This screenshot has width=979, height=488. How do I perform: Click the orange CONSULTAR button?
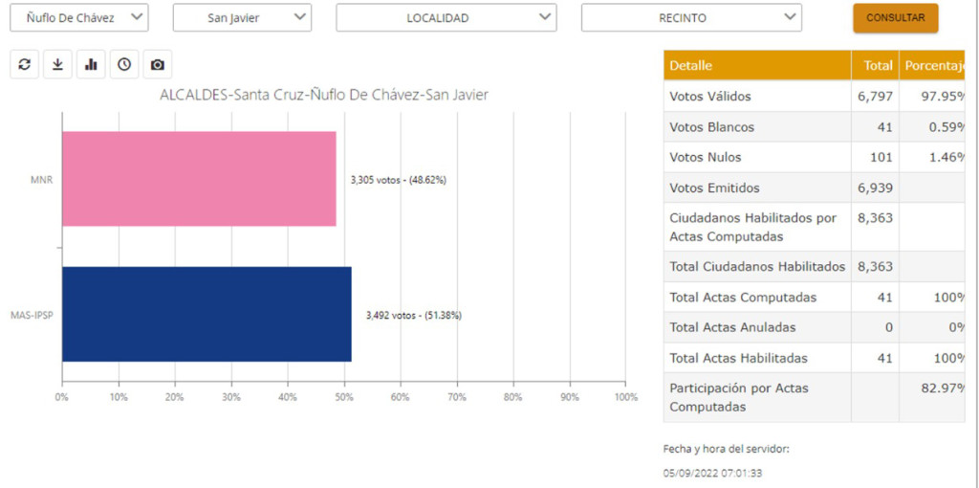pos(895,18)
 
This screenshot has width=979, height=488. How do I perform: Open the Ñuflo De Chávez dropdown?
pos(85,17)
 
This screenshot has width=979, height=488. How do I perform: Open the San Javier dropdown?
pos(241,17)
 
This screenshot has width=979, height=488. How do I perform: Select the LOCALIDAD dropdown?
pos(446,17)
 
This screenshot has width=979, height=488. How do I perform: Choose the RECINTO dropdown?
pos(690,17)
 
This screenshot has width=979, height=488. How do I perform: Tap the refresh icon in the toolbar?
pos(25,64)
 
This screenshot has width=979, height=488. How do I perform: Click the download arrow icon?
pos(57,64)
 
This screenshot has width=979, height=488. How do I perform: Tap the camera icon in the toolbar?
pos(158,64)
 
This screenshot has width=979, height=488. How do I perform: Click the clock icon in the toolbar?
pos(124,64)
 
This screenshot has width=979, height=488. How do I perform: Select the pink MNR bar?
pos(199,179)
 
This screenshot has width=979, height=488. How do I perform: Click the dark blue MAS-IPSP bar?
pos(207,314)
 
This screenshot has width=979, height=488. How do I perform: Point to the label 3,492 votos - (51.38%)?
pos(413,315)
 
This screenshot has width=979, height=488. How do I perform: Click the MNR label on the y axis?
pos(42,180)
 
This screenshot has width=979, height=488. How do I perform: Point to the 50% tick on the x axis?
pos(343,396)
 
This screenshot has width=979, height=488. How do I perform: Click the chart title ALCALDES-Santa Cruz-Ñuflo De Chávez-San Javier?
pos(324,95)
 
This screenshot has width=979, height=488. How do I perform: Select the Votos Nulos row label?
pos(706,157)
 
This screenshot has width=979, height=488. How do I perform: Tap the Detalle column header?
pos(691,65)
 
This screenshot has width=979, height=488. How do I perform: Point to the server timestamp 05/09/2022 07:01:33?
pos(712,473)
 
